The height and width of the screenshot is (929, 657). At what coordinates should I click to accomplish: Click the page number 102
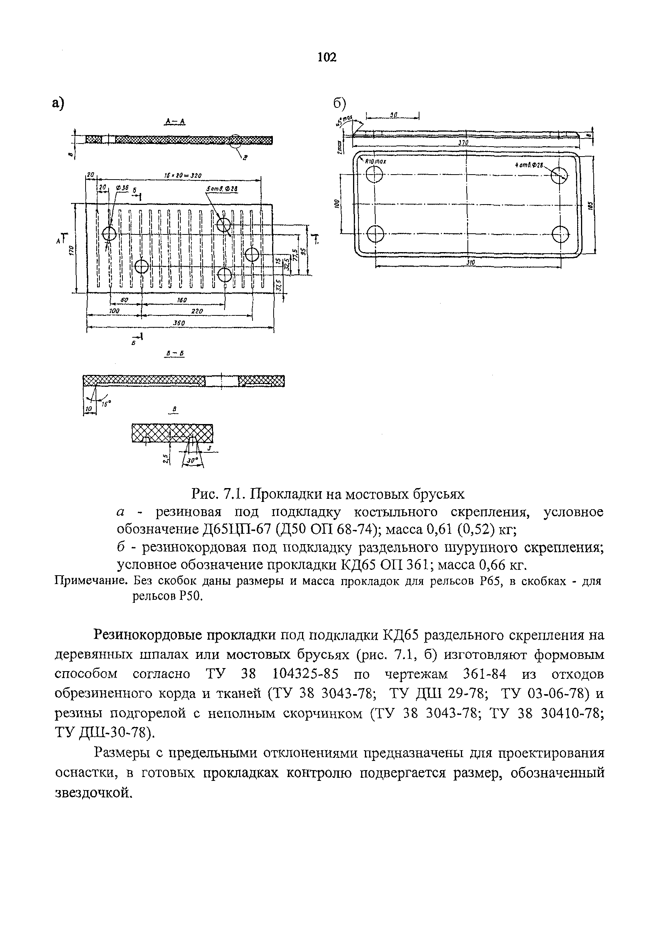tap(327, 58)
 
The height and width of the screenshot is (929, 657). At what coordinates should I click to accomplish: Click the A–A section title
tap(175, 121)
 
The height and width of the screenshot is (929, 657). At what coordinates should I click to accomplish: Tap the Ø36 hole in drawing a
tap(109, 233)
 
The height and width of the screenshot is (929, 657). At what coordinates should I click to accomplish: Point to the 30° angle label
tap(192, 460)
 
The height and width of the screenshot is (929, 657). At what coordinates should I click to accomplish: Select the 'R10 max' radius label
tap(376, 162)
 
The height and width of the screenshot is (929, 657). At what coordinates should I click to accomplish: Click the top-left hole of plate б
tap(375, 175)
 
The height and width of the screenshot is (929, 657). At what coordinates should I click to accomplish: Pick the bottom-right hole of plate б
tap(560, 233)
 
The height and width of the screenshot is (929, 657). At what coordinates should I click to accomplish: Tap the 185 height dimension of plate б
tap(590, 206)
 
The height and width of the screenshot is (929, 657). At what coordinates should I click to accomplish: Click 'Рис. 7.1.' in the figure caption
tap(219, 494)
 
